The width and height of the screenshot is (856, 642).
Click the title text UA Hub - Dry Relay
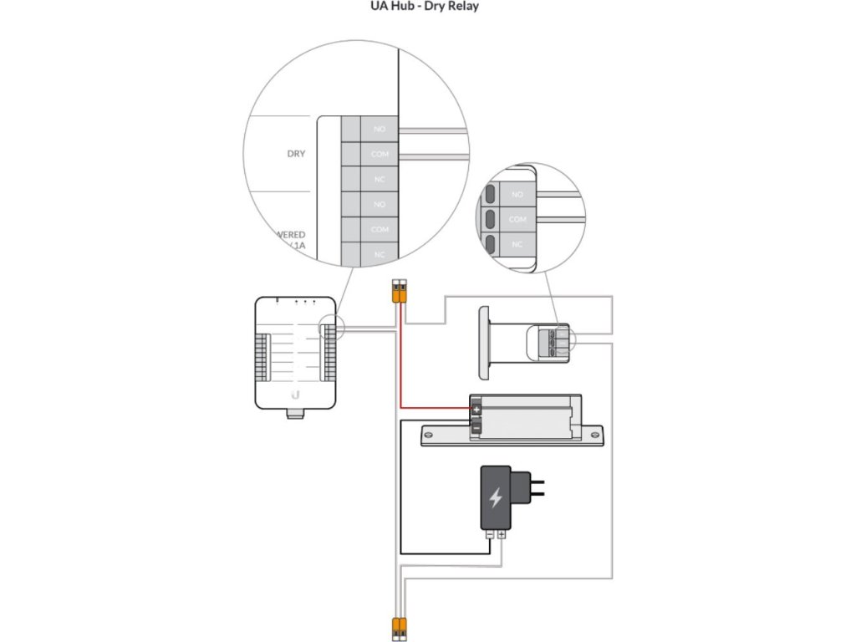(x=425, y=7)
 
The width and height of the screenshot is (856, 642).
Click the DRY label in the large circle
(x=296, y=154)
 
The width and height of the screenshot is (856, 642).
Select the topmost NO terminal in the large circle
(x=379, y=129)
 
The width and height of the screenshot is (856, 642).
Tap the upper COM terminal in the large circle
(x=379, y=155)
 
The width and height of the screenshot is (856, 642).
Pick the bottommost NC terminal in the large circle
(x=379, y=254)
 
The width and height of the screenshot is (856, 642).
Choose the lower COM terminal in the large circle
(x=379, y=229)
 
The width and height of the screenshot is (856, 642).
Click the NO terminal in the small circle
(x=517, y=194)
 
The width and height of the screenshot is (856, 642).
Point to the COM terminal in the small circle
(x=517, y=218)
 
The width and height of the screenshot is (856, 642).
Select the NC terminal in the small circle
(x=517, y=243)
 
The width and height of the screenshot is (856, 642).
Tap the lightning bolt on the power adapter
(x=496, y=498)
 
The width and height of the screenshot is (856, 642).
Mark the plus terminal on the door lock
(x=476, y=409)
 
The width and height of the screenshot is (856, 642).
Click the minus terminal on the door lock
(x=476, y=427)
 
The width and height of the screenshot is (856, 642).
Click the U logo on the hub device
(x=296, y=395)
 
